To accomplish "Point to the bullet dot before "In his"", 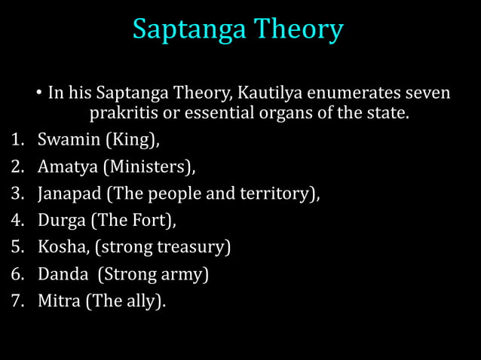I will (x=38, y=96).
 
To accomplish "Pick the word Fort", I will (x=156, y=220).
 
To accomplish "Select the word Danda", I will (x=61, y=273).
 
